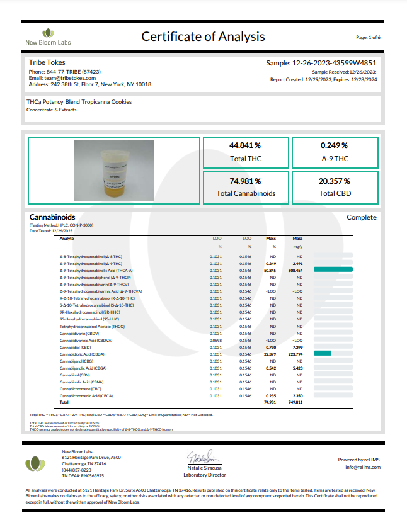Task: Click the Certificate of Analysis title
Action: pos(203,37)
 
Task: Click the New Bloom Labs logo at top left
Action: pos(48,36)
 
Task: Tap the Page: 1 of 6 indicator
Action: pos(368,37)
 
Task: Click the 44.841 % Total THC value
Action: pos(245,145)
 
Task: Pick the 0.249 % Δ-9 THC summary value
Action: pos(335,145)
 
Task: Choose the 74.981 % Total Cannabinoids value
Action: pos(245,181)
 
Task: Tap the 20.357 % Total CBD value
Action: pos(335,181)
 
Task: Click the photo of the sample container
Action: pos(113,171)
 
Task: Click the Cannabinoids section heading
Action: pos(52,217)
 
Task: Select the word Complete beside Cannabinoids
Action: pos(361,217)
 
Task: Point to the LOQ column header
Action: pos(246,239)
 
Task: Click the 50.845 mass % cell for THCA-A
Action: pos(272,269)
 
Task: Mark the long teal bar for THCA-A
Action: pos(330,269)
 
